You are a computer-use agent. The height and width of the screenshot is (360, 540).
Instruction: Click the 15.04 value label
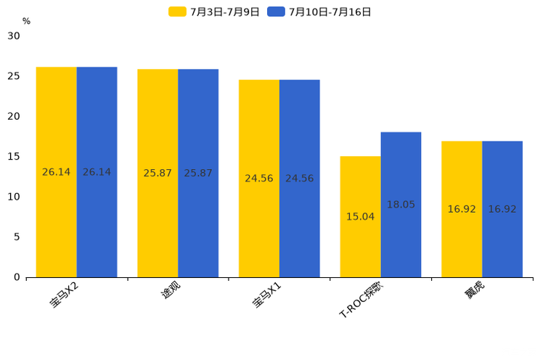[360, 216]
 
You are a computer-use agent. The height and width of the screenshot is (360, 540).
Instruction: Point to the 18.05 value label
[401, 205]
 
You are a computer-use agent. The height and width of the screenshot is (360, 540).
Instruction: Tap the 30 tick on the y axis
[14, 36]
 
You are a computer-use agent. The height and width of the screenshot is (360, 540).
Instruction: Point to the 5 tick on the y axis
[17, 237]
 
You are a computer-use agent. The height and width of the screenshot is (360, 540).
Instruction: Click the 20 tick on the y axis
[14, 116]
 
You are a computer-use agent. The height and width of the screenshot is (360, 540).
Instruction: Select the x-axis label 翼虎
[475, 292]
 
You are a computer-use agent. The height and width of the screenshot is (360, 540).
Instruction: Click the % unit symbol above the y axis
[26, 21]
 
